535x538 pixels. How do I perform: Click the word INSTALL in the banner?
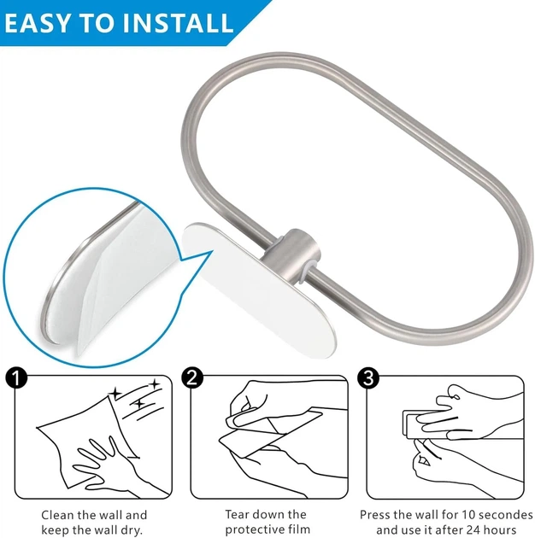179,23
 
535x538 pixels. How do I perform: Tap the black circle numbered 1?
16,377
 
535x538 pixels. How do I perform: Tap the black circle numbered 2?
192,377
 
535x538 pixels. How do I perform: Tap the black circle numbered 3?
368,377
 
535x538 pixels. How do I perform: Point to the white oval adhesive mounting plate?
258,290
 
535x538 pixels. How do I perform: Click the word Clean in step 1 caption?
58,515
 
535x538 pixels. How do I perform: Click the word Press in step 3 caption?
375,515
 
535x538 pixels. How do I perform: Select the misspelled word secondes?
505,515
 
